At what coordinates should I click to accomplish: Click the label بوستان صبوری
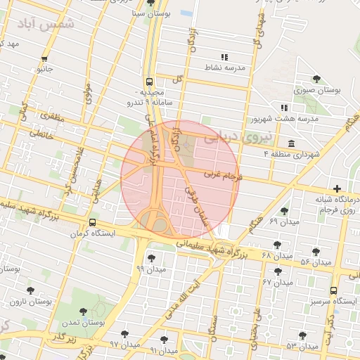pos(318,91)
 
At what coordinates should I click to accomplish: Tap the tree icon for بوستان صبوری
pos(319,78)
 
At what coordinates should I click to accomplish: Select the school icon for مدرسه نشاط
pos(224,56)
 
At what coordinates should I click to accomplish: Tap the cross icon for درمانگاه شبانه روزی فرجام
pos(338,188)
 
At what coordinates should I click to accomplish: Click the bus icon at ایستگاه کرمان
pos(91,222)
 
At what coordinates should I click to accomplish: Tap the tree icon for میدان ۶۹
pos(284,210)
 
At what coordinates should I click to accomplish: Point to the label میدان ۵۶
pos(315,262)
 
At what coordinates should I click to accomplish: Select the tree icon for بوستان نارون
pos(30,290)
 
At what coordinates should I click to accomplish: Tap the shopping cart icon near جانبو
pos(44,58)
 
